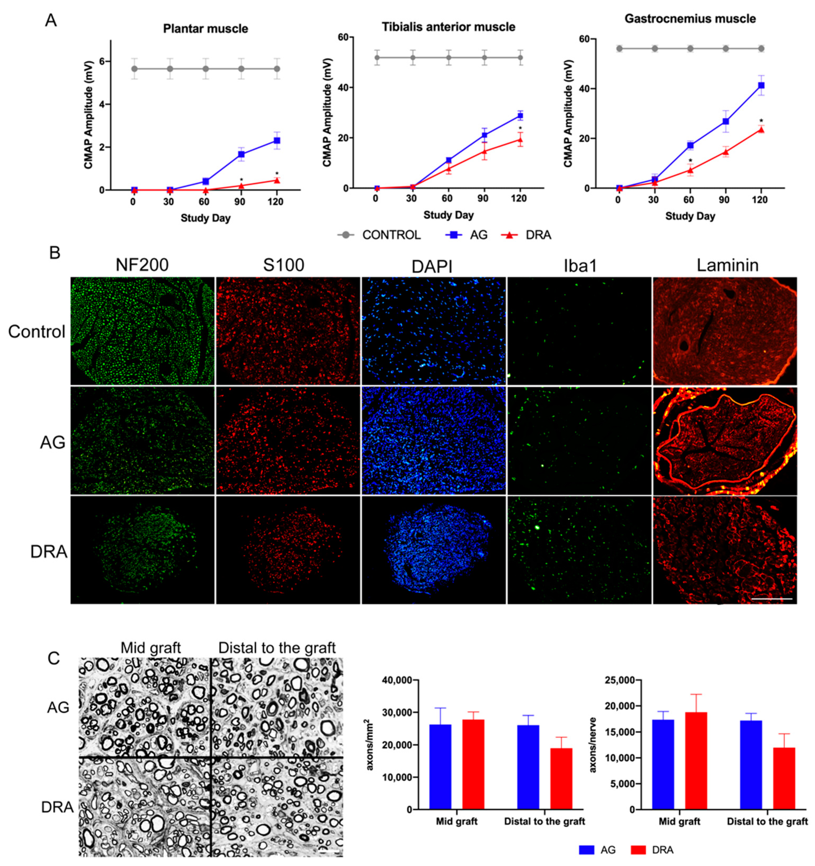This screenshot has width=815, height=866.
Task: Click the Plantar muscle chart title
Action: coord(206,29)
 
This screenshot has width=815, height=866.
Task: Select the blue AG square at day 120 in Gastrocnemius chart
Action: coord(761,85)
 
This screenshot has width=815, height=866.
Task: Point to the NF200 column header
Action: coord(142,265)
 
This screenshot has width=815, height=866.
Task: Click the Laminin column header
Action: coord(727,265)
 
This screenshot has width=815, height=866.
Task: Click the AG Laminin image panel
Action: coord(725,441)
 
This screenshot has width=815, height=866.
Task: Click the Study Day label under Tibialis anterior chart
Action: coord(448,215)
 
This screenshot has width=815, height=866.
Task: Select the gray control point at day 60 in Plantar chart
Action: coord(206,69)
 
